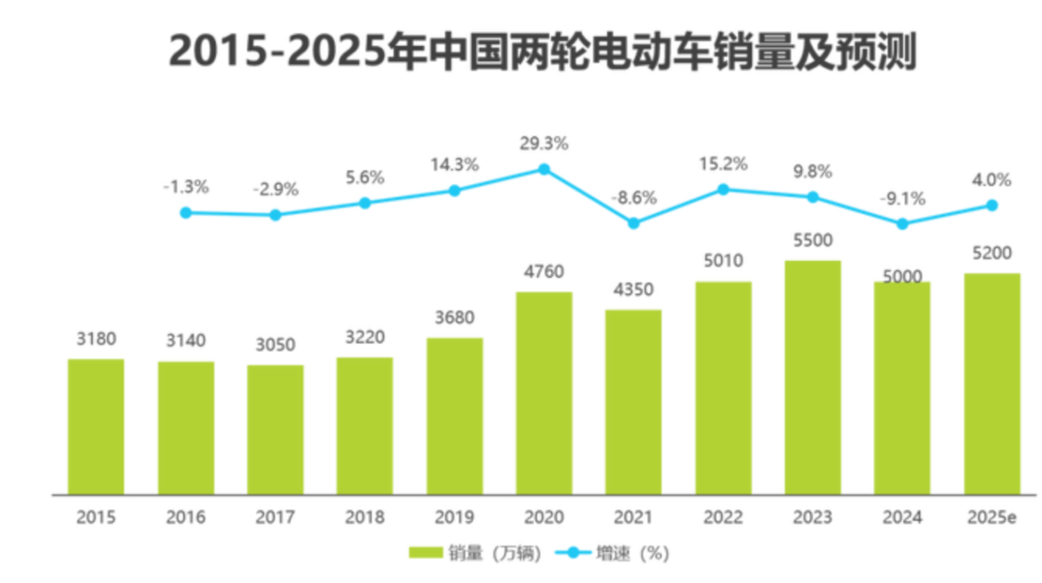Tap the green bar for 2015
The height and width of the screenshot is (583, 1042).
[96, 426]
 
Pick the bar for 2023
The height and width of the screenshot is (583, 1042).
[813, 377]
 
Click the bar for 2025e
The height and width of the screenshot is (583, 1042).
[992, 383]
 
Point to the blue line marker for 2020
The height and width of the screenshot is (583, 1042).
[544, 169]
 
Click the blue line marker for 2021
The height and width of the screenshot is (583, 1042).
[634, 223]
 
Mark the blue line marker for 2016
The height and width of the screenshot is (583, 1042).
[186, 212]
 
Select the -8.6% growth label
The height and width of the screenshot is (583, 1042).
[634, 197]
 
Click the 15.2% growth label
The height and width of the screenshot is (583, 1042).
[723, 163]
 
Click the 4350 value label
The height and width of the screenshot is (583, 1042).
[634, 290]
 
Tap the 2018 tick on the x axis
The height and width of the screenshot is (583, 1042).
[365, 518]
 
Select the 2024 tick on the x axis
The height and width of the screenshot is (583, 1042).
[902, 518]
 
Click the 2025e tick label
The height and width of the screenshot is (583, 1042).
[992, 518]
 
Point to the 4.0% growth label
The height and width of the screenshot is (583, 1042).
[992, 180]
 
